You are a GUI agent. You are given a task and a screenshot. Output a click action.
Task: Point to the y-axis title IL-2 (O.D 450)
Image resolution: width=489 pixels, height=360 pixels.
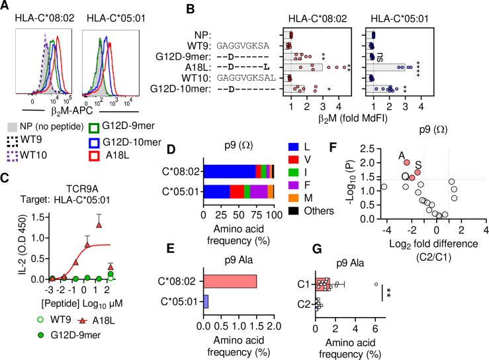click(8, 245)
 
